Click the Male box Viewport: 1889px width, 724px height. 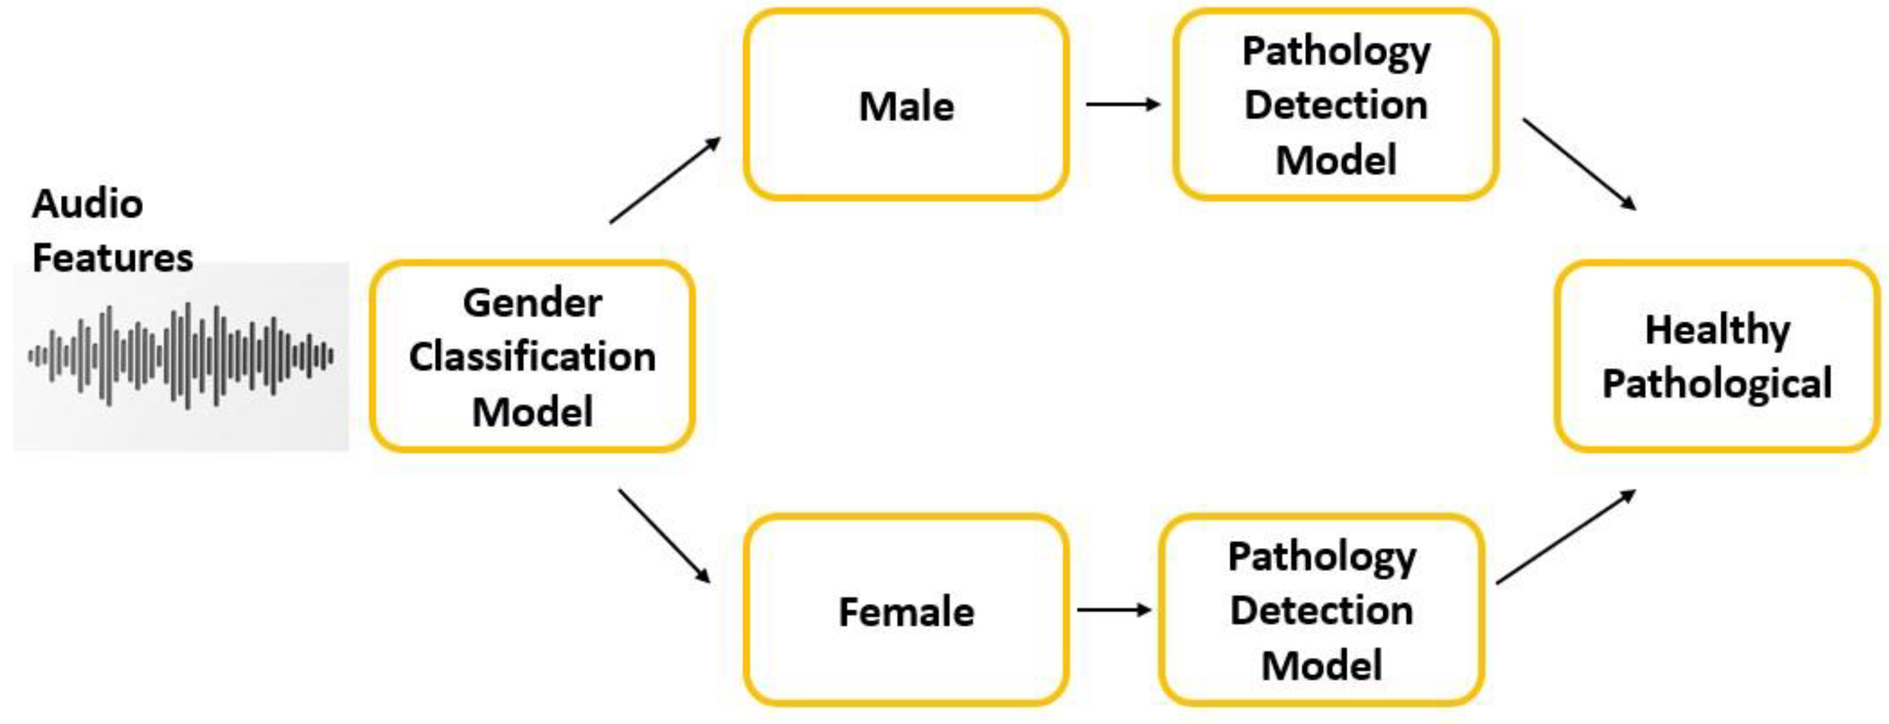[906, 105]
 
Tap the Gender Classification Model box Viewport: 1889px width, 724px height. [532, 357]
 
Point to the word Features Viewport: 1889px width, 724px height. [113, 258]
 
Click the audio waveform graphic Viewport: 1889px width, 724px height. [181, 356]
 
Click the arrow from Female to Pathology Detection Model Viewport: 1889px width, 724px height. [1113, 610]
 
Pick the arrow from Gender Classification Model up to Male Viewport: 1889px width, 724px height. [664, 180]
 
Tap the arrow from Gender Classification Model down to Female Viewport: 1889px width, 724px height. [664, 537]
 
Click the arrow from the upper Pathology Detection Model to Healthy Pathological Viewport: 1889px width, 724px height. [1579, 164]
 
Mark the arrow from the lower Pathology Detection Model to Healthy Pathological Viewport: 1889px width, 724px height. [1565, 537]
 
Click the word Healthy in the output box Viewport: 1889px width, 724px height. [1717, 330]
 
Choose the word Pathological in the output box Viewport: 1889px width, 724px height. [1717, 384]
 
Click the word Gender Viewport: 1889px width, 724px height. [532, 302]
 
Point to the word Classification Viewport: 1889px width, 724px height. [532, 357]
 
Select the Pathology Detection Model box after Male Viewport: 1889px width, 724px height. [1335, 105]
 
